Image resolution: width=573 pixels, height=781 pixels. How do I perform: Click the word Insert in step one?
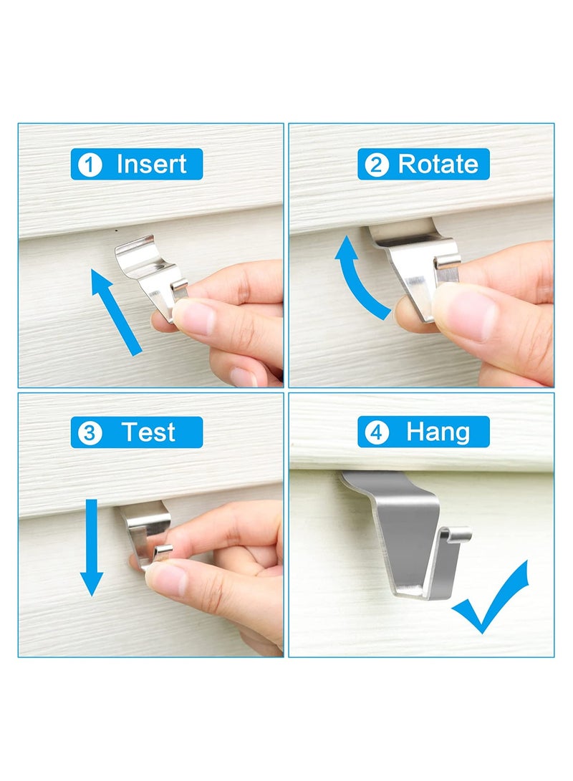(151, 164)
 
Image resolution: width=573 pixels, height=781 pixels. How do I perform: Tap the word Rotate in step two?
(438, 164)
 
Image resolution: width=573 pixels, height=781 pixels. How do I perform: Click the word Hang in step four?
(438, 432)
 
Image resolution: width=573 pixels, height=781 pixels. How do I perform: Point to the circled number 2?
(376, 165)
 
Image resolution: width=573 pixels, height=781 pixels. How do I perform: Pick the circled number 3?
(89, 433)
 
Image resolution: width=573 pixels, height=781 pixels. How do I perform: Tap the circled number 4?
(376, 433)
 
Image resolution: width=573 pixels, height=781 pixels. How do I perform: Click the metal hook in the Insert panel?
(151, 273)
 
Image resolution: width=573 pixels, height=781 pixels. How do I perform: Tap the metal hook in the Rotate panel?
(409, 266)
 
